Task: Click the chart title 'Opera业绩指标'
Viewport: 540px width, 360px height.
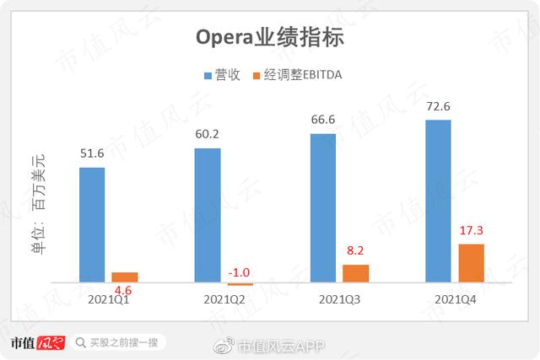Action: [270, 38]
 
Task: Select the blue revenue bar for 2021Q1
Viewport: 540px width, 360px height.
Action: [92, 224]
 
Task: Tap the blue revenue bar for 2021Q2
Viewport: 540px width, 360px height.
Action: [208, 215]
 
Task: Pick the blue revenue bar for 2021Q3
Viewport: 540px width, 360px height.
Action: [323, 207]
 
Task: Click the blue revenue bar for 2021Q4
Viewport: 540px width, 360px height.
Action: [438, 201]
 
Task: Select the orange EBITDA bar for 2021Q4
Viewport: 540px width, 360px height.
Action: [471, 262]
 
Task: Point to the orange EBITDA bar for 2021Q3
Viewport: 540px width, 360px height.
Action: [356, 272]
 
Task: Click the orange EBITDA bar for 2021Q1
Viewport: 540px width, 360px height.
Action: [125, 277]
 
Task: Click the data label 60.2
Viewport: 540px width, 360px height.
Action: [208, 135]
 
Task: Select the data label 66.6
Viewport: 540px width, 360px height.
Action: [323, 119]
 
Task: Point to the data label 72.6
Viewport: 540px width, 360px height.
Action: [438, 105]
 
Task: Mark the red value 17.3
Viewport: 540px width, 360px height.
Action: [471, 230]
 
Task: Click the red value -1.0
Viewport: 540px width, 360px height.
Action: [240, 272]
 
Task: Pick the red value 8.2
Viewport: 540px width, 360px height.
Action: [356, 251]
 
